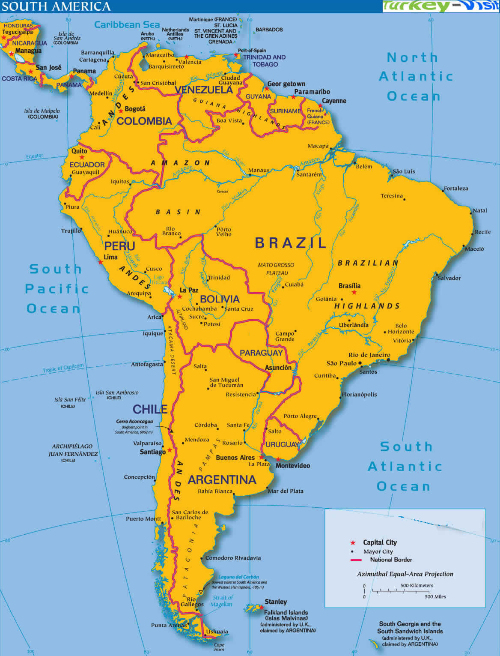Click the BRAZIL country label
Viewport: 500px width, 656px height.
pyautogui.click(x=291, y=243)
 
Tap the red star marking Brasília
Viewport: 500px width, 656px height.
pyautogui.click(x=354, y=293)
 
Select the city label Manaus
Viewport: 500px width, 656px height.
pyautogui.click(x=259, y=170)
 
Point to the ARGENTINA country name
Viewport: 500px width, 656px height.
pyautogui.click(x=222, y=479)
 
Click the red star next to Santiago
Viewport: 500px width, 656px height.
pyautogui.click(x=170, y=450)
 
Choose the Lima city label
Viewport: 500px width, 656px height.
pyautogui.click(x=110, y=257)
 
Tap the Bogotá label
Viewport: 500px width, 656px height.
pyautogui.click(x=135, y=109)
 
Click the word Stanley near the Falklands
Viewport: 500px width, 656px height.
pyautogui.click(x=276, y=602)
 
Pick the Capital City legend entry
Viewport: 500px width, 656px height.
pyautogui.click(x=380, y=542)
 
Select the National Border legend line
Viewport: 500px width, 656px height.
pyautogui.click(x=356, y=560)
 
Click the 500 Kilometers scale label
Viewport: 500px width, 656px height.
pyautogui.click(x=417, y=585)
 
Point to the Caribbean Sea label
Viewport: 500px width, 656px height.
pyautogui.click(x=127, y=25)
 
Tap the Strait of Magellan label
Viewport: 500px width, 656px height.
pyautogui.click(x=222, y=601)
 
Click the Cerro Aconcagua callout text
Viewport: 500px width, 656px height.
pyautogui.click(x=134, y=422)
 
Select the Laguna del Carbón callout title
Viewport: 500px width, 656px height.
pyautogui.click(x=238, y=577)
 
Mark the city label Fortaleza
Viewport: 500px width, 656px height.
pyautogui.click(x=456, y=189)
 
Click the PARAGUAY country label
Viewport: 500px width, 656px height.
pyautogui.click(x=261, y=353)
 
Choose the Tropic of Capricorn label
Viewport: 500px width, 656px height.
pyautogui.click(x=63, y=368)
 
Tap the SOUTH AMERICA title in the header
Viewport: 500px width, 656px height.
pyautogui.click(x=56, y=6)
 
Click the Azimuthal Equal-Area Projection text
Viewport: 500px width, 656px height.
pyautogui.click(x=405, y=574)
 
